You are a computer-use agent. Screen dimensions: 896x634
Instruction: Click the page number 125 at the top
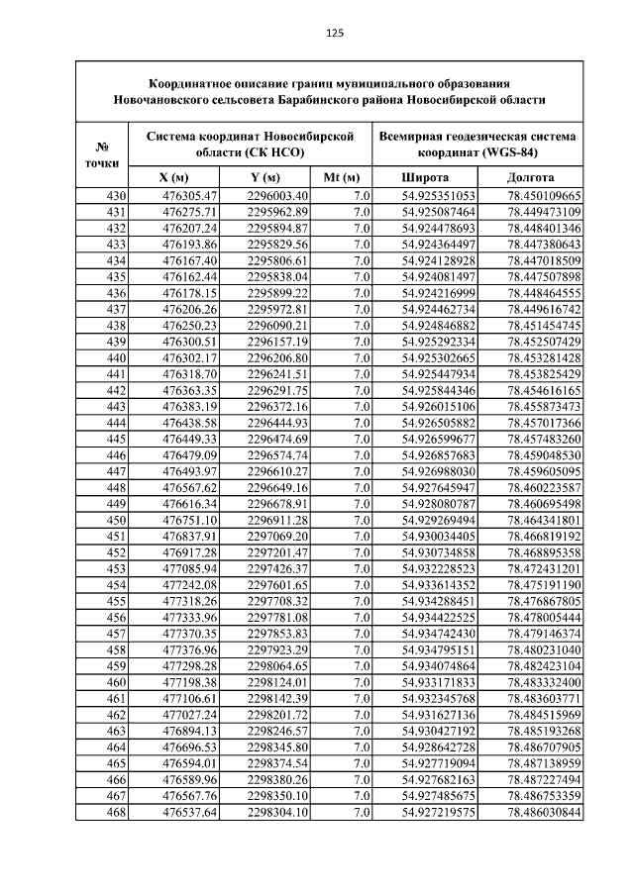334,33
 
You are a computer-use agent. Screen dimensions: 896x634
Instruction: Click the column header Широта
424,177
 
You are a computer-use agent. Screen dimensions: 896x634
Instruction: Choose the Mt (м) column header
342,177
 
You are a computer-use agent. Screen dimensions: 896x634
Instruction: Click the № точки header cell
102,153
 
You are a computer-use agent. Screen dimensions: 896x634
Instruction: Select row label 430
115,196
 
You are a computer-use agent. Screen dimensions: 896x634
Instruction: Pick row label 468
115,813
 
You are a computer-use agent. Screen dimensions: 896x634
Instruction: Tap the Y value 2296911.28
277,521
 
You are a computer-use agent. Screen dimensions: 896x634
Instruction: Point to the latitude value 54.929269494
439,521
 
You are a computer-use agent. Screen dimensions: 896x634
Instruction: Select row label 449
115,505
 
